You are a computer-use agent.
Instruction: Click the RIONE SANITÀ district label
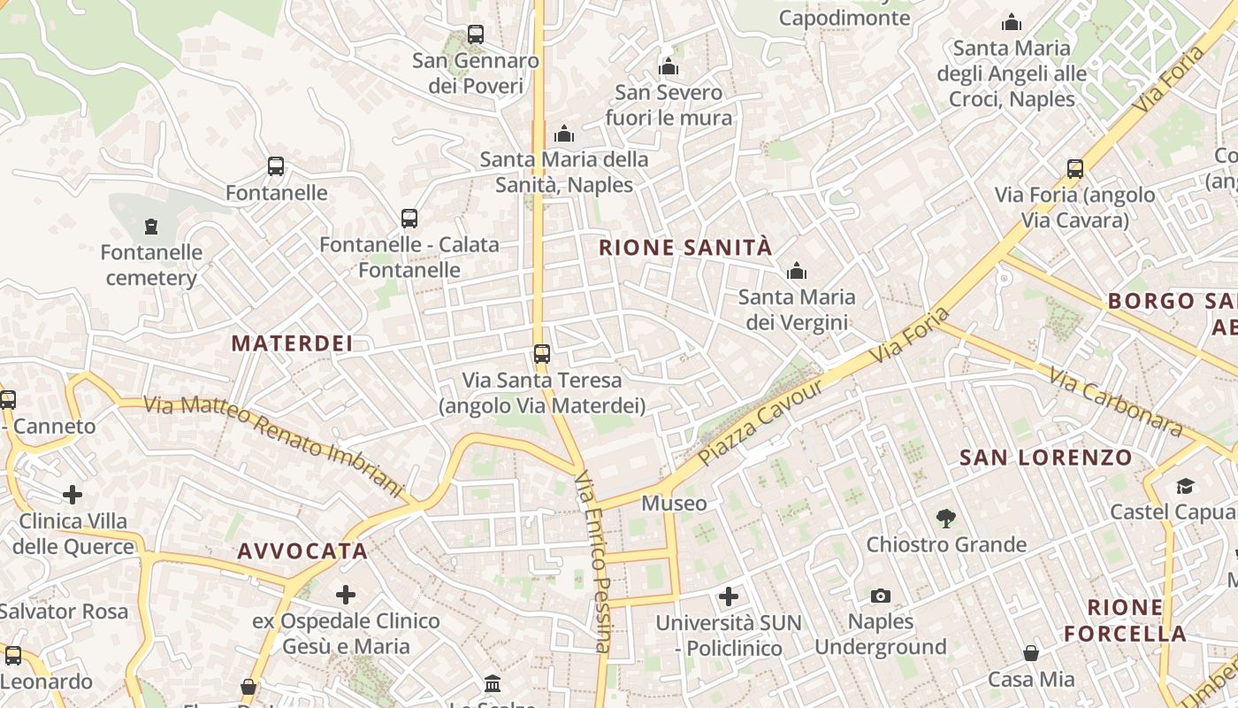pos(685,248)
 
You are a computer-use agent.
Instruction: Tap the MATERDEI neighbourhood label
pos(292,343)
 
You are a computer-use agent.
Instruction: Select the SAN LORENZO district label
pos(1046,458)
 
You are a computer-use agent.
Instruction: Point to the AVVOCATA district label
pos(302,551)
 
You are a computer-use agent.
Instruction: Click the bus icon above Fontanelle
pos(276,166)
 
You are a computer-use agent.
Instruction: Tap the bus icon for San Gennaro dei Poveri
pos(476,35)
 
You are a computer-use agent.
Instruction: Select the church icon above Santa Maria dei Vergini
pos(797,270)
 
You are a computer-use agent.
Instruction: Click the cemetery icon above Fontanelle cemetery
pos(151,227)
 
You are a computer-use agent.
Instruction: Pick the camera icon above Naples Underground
pos(880,596)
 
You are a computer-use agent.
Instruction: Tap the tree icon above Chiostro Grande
pos(946,519)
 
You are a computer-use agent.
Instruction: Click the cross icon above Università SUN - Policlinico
pos(729,596)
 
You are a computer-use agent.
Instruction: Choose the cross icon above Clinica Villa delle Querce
pos(73,494)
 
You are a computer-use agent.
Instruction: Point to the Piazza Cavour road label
pos(760,422)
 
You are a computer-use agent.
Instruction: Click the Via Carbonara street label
pos(1116,402)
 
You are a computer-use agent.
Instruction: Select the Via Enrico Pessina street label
pos(593,562)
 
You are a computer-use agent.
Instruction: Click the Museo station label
pos(674,504)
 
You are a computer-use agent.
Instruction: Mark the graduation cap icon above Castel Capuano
pos(1185,486)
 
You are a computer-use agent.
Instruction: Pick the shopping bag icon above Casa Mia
pos(1031,653)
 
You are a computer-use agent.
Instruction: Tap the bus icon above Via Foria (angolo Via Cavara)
pos(1075,168)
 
